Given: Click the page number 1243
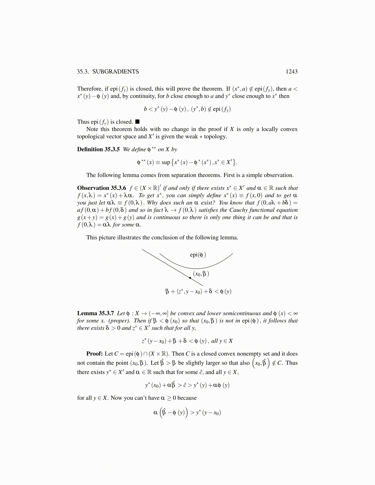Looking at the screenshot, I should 291,72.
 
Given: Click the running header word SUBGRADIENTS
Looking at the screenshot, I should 116,72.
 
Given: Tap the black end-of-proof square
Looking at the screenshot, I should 138,122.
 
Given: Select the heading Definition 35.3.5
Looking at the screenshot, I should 98,149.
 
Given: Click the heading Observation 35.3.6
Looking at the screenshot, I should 101,188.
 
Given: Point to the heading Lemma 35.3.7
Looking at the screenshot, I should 95,313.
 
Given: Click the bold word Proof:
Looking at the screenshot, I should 94,354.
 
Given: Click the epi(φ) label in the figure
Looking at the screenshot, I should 198,255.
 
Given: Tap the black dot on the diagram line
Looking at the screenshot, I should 190,278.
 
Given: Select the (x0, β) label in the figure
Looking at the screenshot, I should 201,274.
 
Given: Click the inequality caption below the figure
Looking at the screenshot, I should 198,291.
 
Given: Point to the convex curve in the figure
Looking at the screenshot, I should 196,268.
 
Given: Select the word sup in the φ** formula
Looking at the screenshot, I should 166,162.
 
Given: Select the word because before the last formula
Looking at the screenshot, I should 187,398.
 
